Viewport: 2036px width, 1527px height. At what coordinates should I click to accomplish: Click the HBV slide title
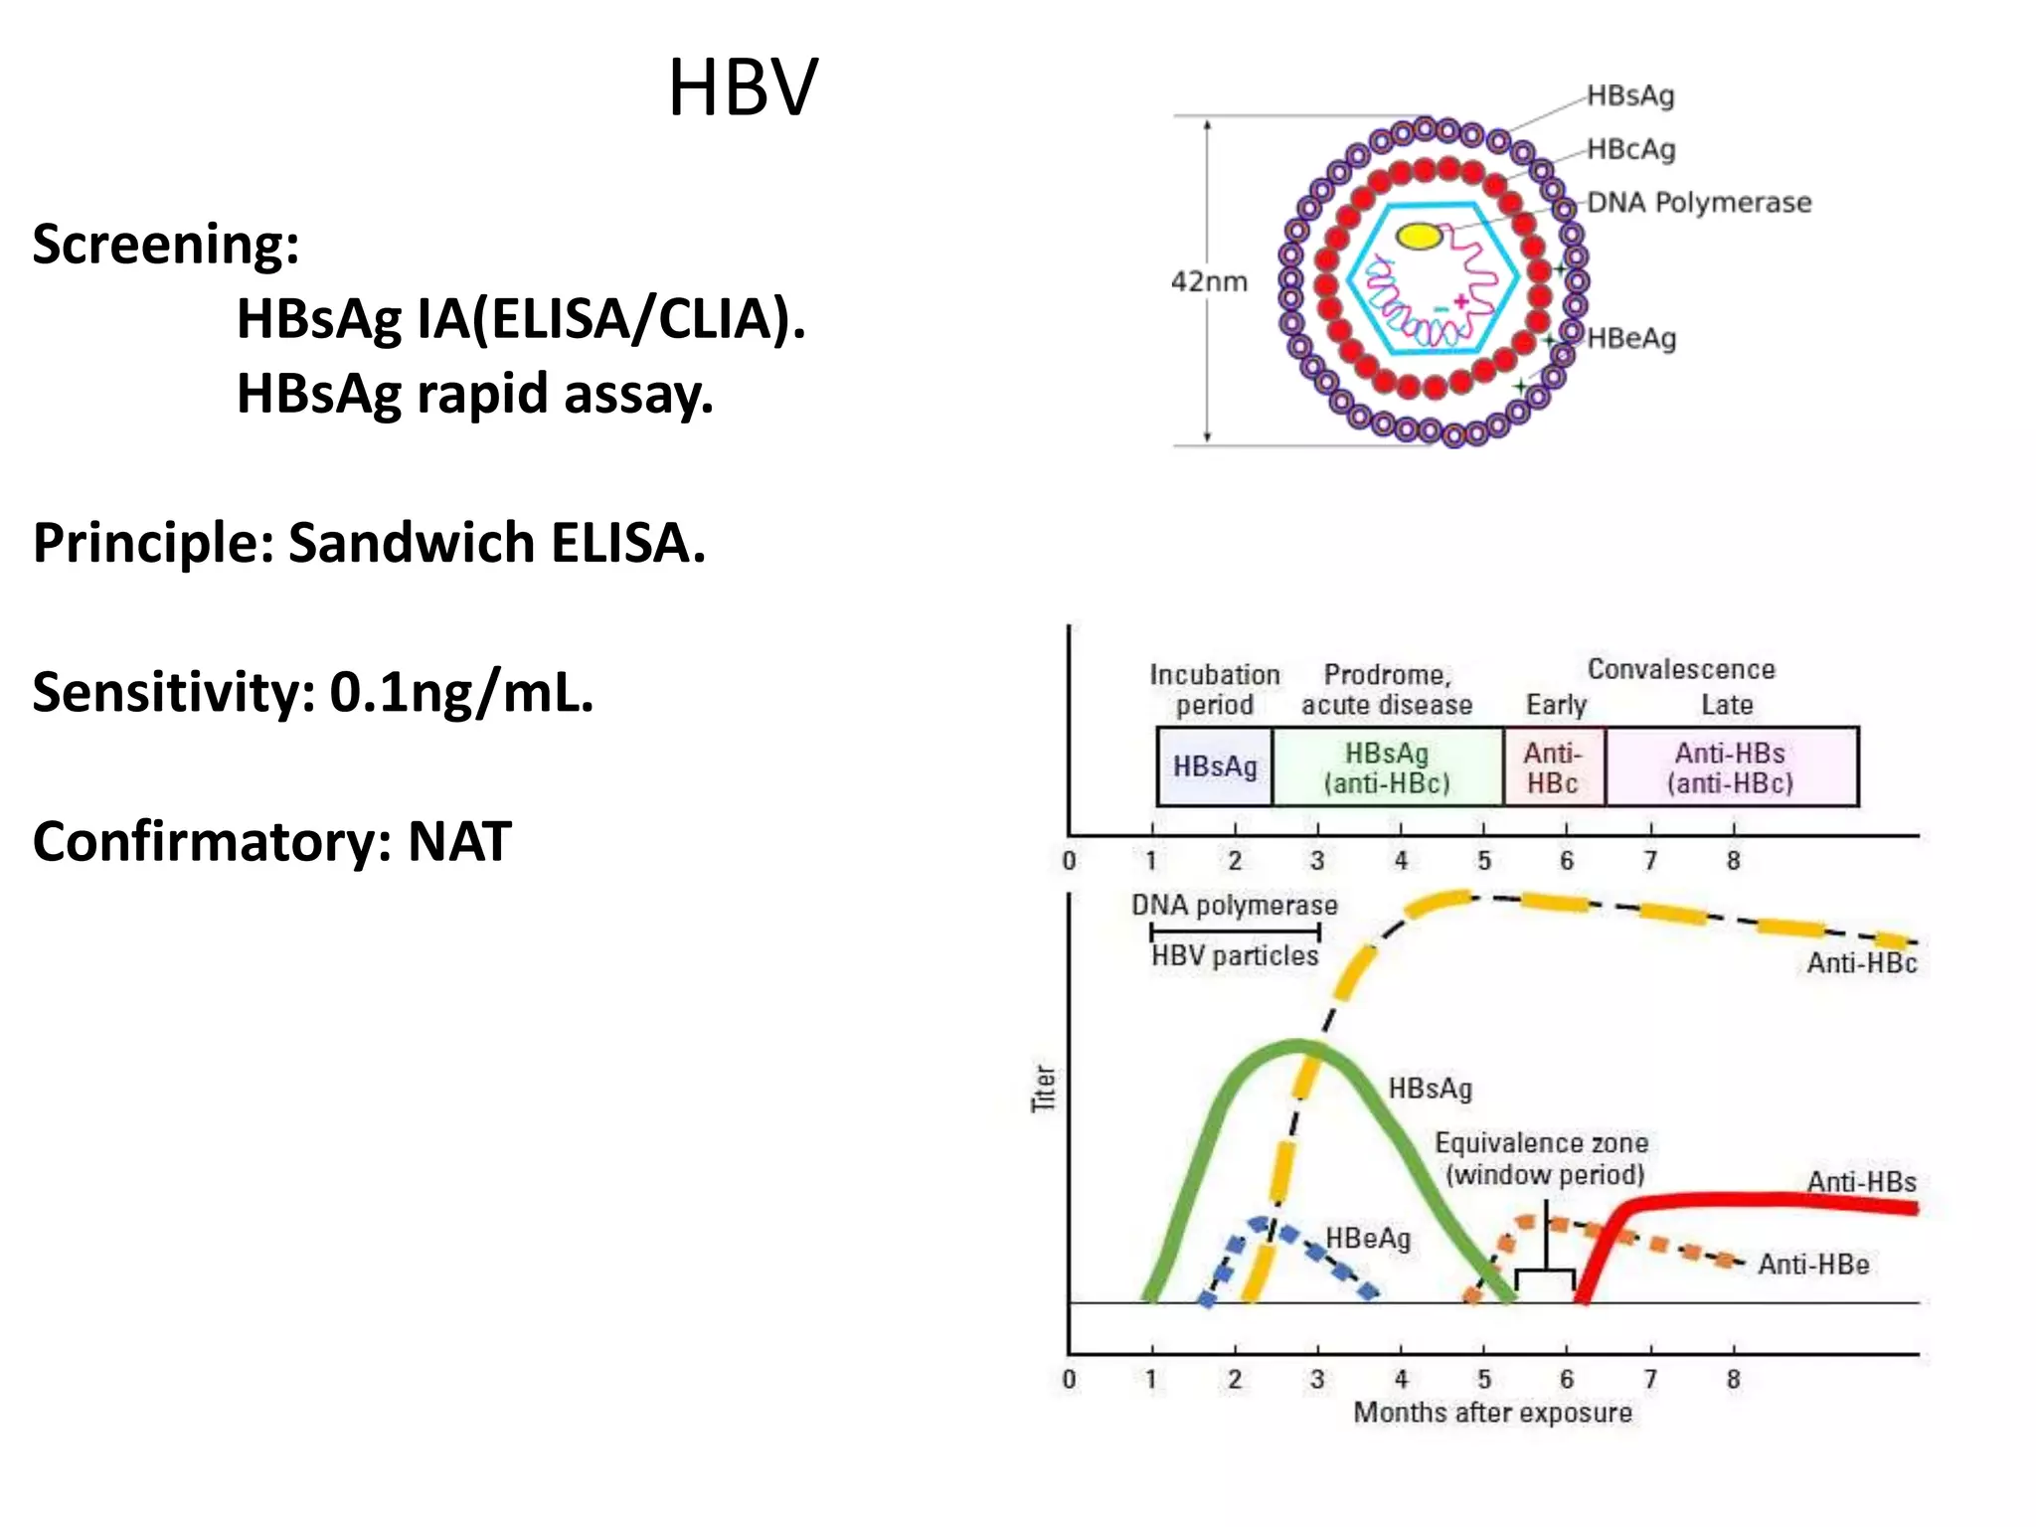[743, 88]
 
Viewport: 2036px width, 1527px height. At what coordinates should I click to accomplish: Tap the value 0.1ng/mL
[461, 693]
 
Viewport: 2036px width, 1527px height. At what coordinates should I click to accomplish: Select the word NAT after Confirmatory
[459, 842]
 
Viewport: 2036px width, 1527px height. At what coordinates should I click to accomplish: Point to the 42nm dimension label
[1209, 281]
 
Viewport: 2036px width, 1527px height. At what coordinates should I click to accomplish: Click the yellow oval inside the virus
[1419, 236]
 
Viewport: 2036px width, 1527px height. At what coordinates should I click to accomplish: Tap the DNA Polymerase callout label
[1698, 203]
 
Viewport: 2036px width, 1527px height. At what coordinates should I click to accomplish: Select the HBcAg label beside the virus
[1630, 149]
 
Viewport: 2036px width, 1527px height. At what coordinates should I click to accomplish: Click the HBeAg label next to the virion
[1631, 339]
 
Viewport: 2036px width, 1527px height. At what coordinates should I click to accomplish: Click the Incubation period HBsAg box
[1215, 766]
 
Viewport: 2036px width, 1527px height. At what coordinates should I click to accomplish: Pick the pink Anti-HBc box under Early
[1553, 767]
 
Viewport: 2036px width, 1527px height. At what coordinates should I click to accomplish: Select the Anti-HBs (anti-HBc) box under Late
[1731, 767]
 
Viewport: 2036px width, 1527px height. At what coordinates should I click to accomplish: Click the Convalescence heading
[1680, 669]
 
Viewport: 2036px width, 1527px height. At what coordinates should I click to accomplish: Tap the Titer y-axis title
[1043, 1088]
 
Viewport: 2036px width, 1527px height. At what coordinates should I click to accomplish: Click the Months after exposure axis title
[1492, 1413]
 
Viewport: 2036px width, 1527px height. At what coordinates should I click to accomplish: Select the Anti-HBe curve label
[1813, 1265]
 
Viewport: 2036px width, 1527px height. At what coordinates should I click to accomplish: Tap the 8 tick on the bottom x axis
[1733, 1379]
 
